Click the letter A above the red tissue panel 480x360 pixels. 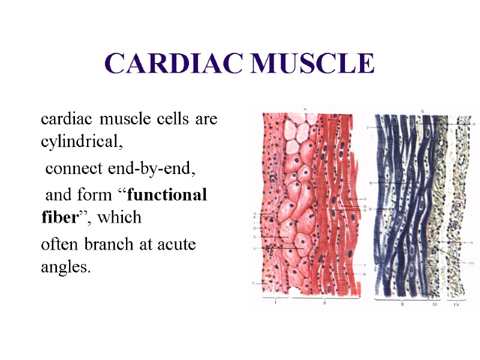(x=304, y=109)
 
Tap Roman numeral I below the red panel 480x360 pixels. (x=275, y=304)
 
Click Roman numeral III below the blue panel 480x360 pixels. (x=435, y=305)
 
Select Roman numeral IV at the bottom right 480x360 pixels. (x=457, y=305)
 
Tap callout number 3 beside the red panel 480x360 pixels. (x=254, y=214)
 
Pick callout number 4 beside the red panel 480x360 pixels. (x=254, y=218)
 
